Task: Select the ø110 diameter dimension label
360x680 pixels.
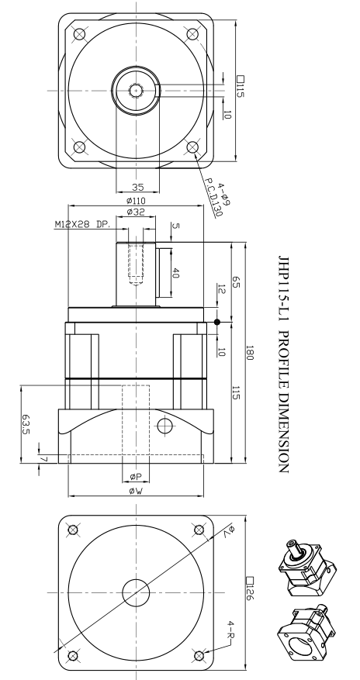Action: (137, 201)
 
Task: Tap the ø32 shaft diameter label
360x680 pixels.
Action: (137, 212)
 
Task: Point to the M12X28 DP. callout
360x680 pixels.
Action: (83, 225)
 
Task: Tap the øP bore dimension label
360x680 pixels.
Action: (137, 476)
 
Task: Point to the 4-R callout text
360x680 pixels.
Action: (230, 625)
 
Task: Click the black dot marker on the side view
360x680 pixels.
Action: (218, 321)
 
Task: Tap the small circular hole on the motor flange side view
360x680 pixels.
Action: (164, 425)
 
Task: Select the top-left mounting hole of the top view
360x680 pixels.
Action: (77, 33)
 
